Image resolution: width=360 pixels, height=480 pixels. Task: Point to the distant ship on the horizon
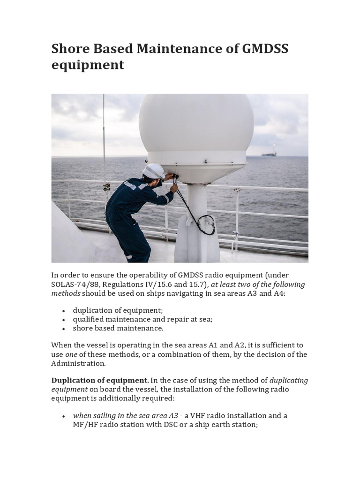click(x=269, y=153)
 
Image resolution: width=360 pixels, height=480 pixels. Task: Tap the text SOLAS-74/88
click(x=74, y=284)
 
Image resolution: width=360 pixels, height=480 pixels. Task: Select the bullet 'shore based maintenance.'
click(x=118, y=328)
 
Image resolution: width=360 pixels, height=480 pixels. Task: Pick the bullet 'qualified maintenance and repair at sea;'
click(x=142, y=319)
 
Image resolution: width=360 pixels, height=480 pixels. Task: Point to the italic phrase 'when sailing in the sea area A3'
click(x=126, y=415)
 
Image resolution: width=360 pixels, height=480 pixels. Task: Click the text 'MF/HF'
click(x=84, y=425)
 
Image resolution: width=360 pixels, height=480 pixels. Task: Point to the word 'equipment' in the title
click(x=88, y=65)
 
